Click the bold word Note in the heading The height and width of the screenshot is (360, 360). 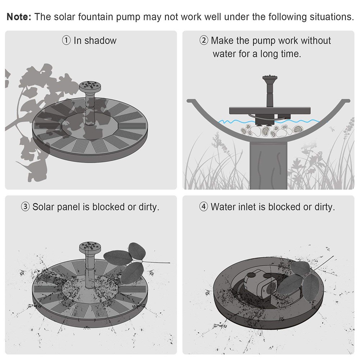click(x=19, y=17)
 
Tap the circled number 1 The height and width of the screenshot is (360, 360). click(x=67, y=41)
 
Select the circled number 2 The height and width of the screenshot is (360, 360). click(x=204, y=41)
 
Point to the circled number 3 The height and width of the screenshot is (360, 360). click(x=26, y=207)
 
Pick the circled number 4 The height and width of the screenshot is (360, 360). click(x=204, y=207)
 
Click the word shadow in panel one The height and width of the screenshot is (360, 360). click(x=100, y=41)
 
